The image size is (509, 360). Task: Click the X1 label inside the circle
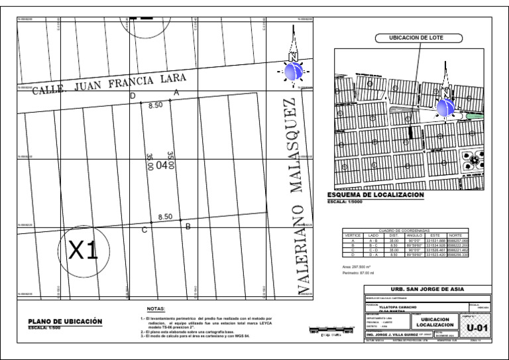84,250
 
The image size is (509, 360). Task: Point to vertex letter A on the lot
176,93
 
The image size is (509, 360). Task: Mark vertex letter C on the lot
144,230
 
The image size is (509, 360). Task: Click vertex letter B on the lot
188,227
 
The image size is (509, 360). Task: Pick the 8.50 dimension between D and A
155,105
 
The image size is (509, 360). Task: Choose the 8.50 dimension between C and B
165,217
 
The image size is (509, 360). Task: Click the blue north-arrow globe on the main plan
293,70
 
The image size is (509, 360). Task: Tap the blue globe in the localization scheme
446,106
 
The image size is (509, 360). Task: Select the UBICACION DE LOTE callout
411,38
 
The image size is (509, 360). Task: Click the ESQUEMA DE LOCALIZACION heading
376,195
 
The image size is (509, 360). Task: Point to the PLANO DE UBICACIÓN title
65,321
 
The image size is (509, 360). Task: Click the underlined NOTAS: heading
156,308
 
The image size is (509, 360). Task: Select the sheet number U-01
478,328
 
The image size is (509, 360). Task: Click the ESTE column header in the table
435,235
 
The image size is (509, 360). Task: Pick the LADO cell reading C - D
374,249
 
